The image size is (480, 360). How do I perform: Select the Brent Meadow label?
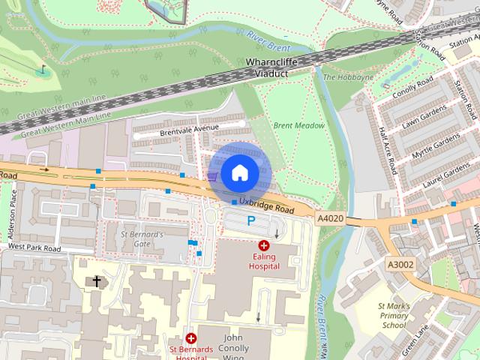pyautogui.click(x=298, y=125)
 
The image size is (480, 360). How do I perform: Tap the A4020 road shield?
pyautogui.click(x=330, y=218)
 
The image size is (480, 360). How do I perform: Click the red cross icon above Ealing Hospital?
pyautogui.click(x=264, y=245)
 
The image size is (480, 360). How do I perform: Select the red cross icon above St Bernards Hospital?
pyautogui.click(x=191, y=338)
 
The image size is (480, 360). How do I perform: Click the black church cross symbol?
pyautogui.click(x=96, y=281)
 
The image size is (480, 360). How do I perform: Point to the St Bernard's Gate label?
pyautogui.click(x=142, y=238)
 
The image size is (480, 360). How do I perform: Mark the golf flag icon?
pyautogui.click(x=42, y=70)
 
